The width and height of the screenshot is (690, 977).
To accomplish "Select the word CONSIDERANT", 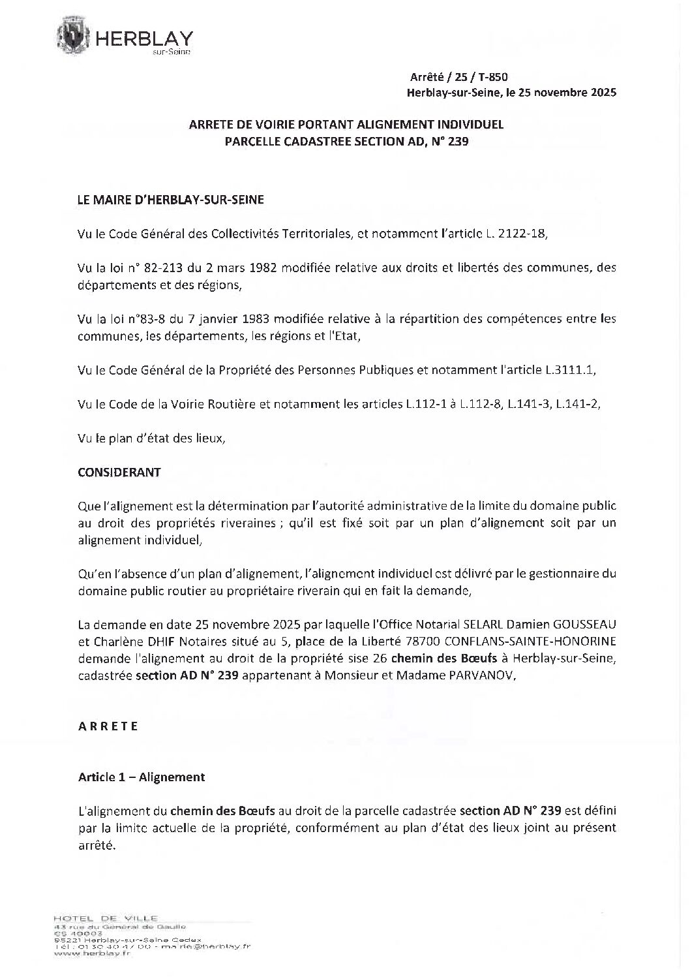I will coord(119,472).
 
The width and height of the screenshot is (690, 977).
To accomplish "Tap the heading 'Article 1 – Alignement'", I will coord(142,777).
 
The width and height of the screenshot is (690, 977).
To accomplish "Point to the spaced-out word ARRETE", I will coord(108,726).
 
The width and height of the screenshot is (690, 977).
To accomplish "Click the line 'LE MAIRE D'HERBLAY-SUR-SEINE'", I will coord(171,201).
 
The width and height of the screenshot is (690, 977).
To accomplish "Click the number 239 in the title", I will coord(458,140).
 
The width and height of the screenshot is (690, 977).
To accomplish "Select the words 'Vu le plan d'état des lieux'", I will coord(151,438).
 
